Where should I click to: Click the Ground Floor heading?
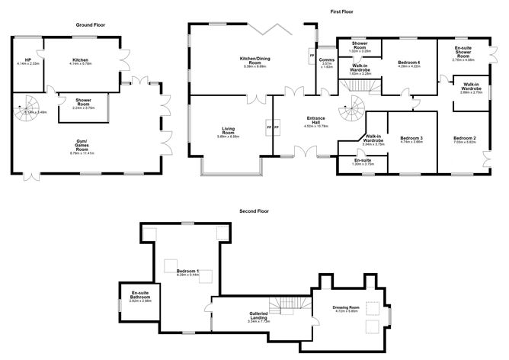[90, 25]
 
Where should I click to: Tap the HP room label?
[27, 60]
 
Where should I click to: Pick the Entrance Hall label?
[317, 120]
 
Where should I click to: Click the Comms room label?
[327, 61]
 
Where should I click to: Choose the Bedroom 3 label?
[411, 138]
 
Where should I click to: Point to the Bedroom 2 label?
[464, 138]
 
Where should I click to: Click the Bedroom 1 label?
[187, 271]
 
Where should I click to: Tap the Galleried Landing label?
[261, 315]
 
